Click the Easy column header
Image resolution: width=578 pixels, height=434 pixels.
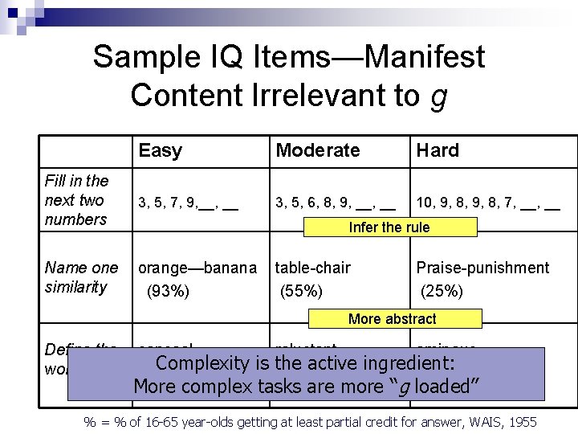[160, 150]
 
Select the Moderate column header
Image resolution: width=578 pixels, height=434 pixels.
[317, 150]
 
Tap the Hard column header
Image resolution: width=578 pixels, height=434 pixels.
[437, 150]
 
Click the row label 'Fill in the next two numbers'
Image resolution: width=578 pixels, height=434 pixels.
[76, 200]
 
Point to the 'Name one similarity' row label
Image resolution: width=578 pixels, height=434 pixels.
[81, 277]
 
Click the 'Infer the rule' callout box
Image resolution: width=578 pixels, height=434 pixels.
[389, 227]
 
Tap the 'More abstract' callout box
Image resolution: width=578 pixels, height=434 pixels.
[393, 319]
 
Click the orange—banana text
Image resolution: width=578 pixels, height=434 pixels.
[197, 268]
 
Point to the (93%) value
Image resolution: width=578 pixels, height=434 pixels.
[167, 290]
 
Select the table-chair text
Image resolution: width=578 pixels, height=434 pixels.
[313, 268]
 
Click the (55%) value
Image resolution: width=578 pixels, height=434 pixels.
[301, 290]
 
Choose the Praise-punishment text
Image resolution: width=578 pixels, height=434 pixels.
[482, 268]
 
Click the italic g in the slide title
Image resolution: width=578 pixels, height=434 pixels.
[438, 96]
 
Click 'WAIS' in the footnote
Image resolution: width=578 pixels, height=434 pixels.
[480, 422]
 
